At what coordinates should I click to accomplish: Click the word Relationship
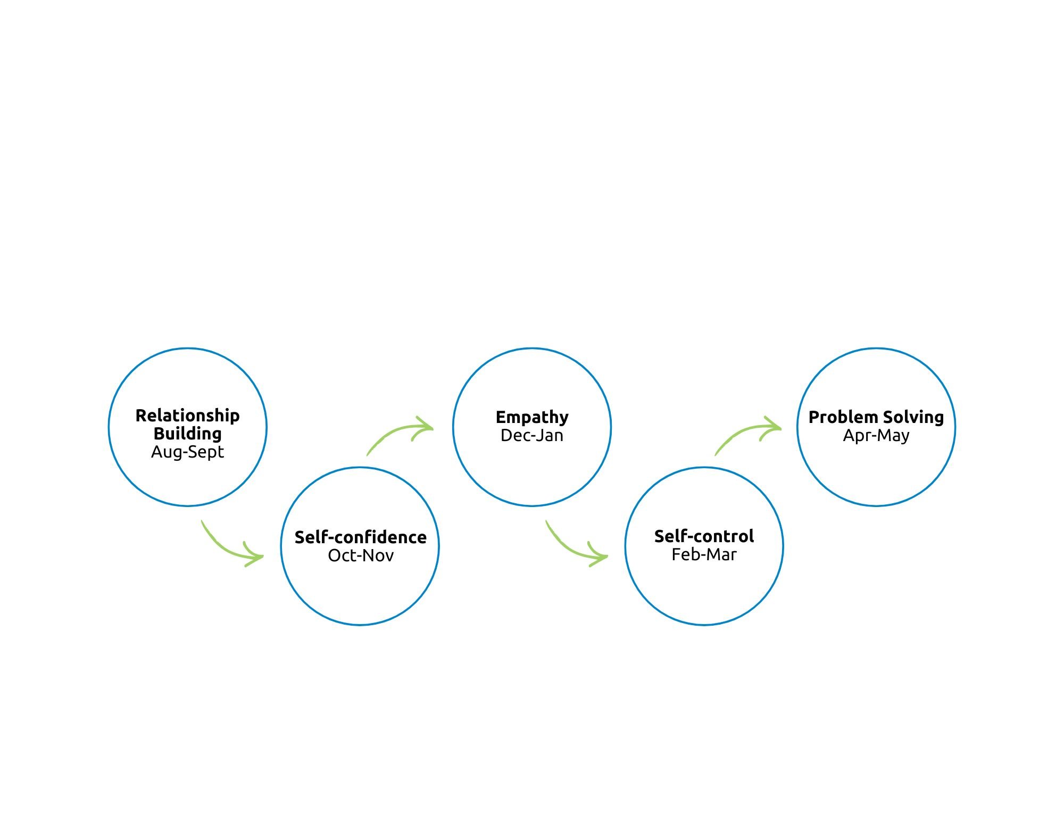188,416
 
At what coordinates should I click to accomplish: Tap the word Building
188,434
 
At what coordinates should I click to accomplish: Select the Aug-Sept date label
188,452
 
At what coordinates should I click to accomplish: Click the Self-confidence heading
361,537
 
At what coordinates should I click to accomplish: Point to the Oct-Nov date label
361,555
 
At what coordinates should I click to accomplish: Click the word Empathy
532,418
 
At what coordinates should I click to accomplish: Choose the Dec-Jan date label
532,435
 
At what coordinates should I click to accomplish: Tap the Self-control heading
704,536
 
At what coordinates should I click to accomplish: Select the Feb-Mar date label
704,554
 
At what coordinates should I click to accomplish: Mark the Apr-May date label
876,436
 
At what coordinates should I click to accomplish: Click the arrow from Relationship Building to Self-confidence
223,549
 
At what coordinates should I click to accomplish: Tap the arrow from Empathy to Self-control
568,549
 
